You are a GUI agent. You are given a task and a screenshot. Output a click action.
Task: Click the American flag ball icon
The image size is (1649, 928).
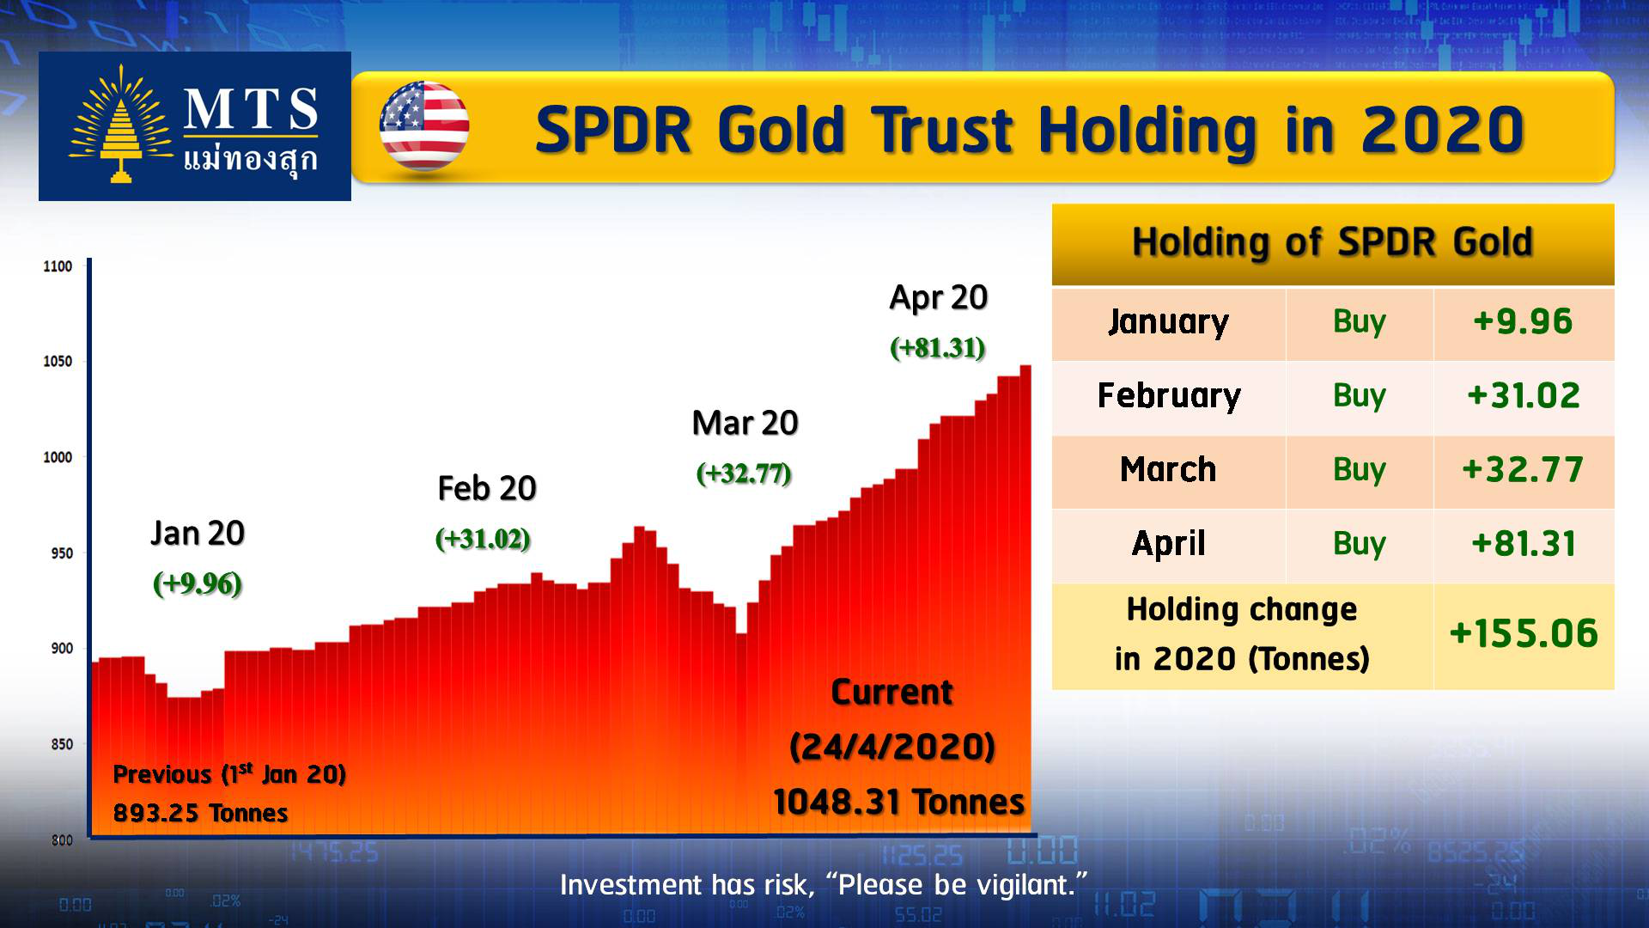click(424, 126)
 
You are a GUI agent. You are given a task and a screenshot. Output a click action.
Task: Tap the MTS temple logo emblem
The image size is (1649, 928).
click(121, 125)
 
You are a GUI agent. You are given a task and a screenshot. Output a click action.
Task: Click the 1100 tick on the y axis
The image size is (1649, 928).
click(58, 266)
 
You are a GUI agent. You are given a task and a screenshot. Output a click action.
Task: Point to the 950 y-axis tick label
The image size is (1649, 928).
click(62, 553)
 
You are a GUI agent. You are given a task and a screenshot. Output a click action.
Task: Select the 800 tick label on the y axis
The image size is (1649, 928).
click(62, 840)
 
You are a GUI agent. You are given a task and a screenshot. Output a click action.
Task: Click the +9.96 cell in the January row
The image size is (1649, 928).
click(1523, 321)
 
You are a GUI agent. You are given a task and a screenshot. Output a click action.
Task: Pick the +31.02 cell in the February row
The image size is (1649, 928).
click(1523, 395)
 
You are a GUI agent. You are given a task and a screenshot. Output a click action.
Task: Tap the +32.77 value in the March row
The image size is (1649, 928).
click(1523, 469)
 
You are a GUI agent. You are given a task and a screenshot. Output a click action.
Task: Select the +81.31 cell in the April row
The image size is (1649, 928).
click(1523, 543)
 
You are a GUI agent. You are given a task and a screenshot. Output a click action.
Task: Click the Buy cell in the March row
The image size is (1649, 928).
click(1360, 470)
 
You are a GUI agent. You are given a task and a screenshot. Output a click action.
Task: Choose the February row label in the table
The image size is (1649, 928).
click(1169, 396)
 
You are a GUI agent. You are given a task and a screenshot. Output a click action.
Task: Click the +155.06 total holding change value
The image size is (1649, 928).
click(1524, 634)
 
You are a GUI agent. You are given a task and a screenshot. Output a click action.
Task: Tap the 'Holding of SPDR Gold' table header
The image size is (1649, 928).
click(1332, 242)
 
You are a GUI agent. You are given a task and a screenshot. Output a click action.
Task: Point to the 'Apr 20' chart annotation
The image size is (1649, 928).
click(938, 297)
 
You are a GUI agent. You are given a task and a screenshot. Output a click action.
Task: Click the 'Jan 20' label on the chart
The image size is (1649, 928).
click(198, 534)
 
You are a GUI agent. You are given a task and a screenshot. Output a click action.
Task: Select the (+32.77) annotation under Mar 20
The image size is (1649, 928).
click(744, 473)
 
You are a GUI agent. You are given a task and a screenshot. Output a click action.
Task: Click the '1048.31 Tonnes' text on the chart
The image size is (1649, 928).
click(898, 803)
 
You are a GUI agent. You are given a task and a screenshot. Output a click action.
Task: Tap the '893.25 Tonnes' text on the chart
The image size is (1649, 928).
click(200, 813)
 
